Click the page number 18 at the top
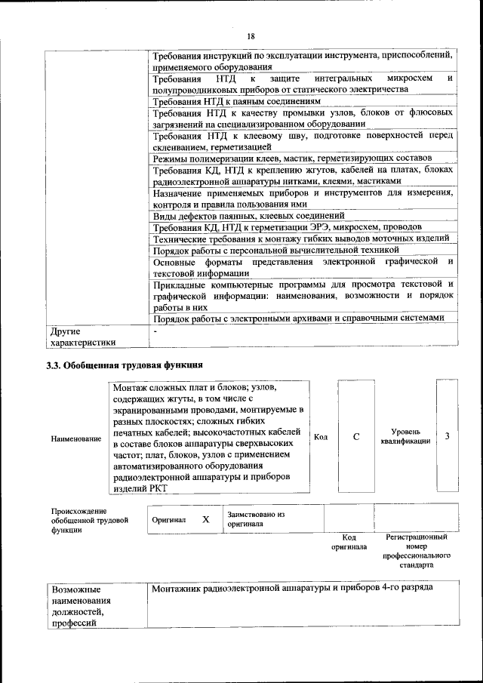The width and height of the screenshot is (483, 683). tap(251, 36)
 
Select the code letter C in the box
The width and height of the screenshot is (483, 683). tap(355, 437)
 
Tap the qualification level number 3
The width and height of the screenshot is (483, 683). tap(448, 437)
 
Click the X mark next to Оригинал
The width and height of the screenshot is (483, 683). tap(205, 520)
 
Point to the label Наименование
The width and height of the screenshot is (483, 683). tap(75, 438)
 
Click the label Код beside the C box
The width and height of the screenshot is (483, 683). tap(320, 437)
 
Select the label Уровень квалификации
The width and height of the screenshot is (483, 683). tap(405, 437)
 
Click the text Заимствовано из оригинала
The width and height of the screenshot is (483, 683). tap(255, 518)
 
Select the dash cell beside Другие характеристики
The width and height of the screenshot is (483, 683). tap(155, 331)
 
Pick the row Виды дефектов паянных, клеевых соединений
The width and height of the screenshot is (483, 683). tap(249, 215)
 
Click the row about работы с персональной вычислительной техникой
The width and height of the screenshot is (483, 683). tap(275, 250)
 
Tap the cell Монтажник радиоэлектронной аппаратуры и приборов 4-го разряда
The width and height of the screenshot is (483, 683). tap(291, 588)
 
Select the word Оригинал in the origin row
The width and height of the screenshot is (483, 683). tap(169, 520)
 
